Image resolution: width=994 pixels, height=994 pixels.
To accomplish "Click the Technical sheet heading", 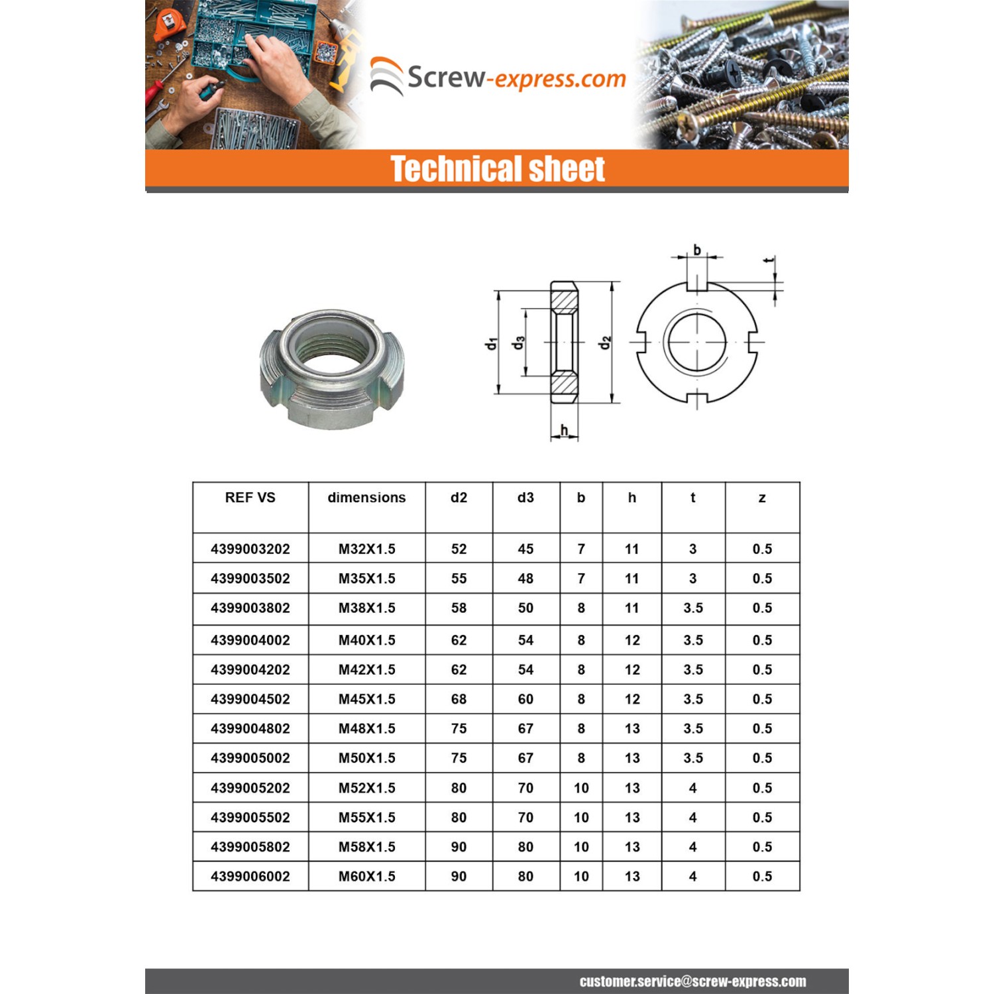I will coord(497,168).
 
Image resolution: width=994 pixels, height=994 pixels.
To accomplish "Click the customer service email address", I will coord(692,981).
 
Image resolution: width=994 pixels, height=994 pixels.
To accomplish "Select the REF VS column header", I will coord(250,498).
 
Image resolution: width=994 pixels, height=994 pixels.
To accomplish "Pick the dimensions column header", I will coord(366,498).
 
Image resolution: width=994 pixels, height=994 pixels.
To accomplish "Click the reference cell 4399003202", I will coord(250,549).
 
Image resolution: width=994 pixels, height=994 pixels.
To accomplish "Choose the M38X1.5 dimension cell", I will coord(366,608).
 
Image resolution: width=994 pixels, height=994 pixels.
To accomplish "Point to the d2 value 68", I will coord(459,699).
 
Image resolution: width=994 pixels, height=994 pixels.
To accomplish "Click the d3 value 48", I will coord(525,579).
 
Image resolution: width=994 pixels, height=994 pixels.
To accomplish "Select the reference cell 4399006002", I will coord(250,876).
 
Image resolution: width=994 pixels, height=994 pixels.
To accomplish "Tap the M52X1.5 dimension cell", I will coord(366,788).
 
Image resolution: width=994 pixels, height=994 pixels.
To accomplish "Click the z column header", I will coord(762,498).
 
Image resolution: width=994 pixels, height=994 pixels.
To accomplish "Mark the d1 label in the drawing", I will coord(490,343).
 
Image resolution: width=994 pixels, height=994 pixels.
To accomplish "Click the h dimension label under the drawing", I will coord(564,430).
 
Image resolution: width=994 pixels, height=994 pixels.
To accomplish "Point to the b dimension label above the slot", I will coord(697,250).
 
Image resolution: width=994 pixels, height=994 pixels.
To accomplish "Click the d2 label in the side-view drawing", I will coord(604,343).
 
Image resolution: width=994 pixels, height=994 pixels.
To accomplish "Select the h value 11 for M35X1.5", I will coord(632,579).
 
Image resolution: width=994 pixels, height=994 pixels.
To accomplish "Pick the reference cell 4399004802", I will coord(250,728).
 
